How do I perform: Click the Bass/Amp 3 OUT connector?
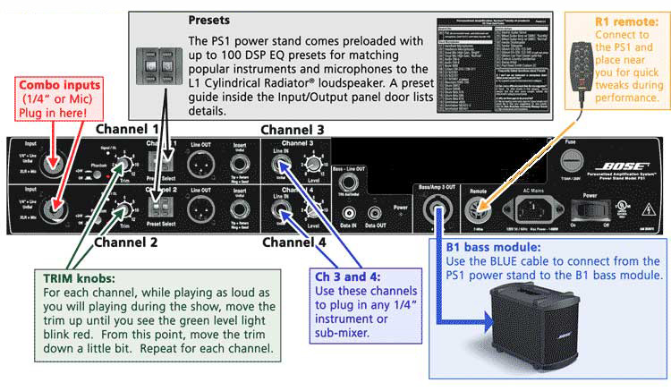[x=438, y=215]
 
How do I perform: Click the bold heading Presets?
[x=208, y=19]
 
